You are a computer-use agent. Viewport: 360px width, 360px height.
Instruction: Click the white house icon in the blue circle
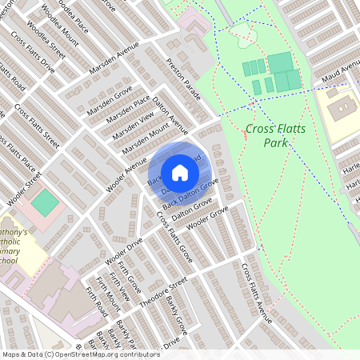pos(180,172)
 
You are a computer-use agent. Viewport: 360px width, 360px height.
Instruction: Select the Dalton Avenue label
pos(170,116)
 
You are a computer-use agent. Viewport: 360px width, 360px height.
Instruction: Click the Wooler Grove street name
pos(207,217)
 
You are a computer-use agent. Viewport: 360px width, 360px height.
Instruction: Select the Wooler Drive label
pos(123,253)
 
